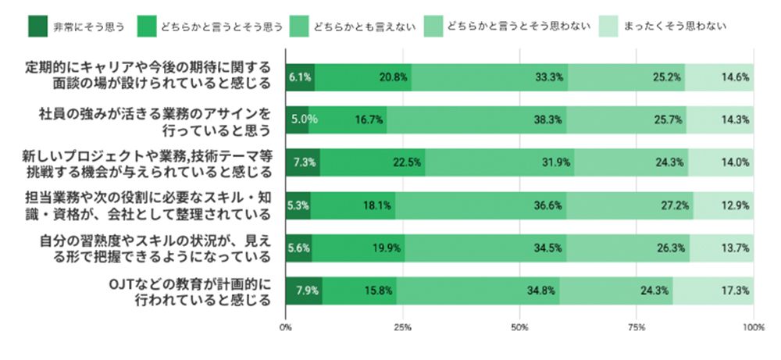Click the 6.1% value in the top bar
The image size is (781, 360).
point(300,77)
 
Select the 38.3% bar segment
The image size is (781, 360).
point(476,120)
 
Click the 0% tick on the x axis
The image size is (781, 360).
point(286,326)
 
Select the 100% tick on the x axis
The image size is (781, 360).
point(753,326)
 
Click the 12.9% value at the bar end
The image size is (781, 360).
point(734,206)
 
